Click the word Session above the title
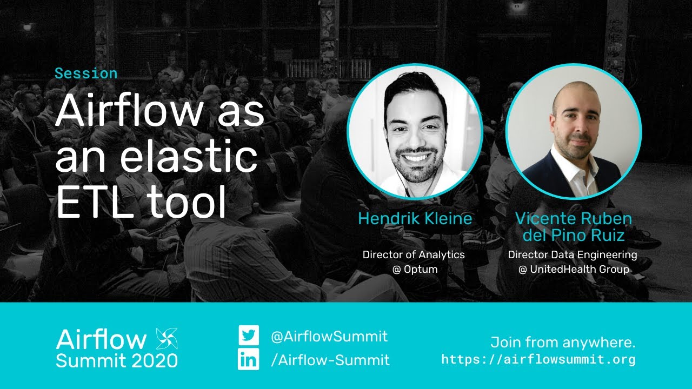tap(86, 73)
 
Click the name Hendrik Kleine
tap(415, 218)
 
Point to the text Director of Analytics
tap(414, 254)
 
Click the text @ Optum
tap(415, 269)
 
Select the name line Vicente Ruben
tap(573, 218)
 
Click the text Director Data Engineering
tap(573, 254)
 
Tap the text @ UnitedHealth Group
tap(574, 269)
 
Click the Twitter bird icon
tap(249, 336)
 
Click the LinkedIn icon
tap(249, 360)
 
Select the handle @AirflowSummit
tap(329, 336)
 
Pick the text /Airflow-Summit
tap(330, 360)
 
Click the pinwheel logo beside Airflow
tap(167, 339)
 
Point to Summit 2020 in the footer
tap(117, 360)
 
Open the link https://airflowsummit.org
tap(538, 359)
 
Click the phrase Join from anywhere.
tap(563, 342)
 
